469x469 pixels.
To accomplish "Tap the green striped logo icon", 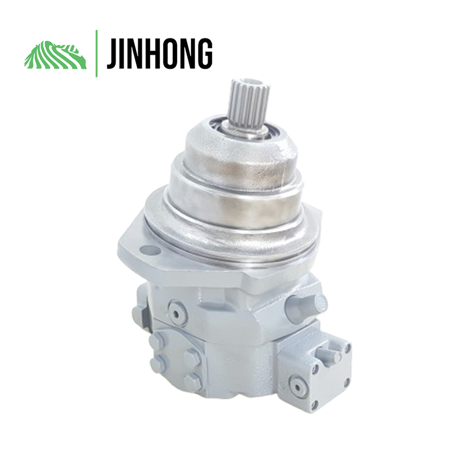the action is point(55,55).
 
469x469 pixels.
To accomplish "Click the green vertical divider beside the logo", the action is point(96,53).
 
